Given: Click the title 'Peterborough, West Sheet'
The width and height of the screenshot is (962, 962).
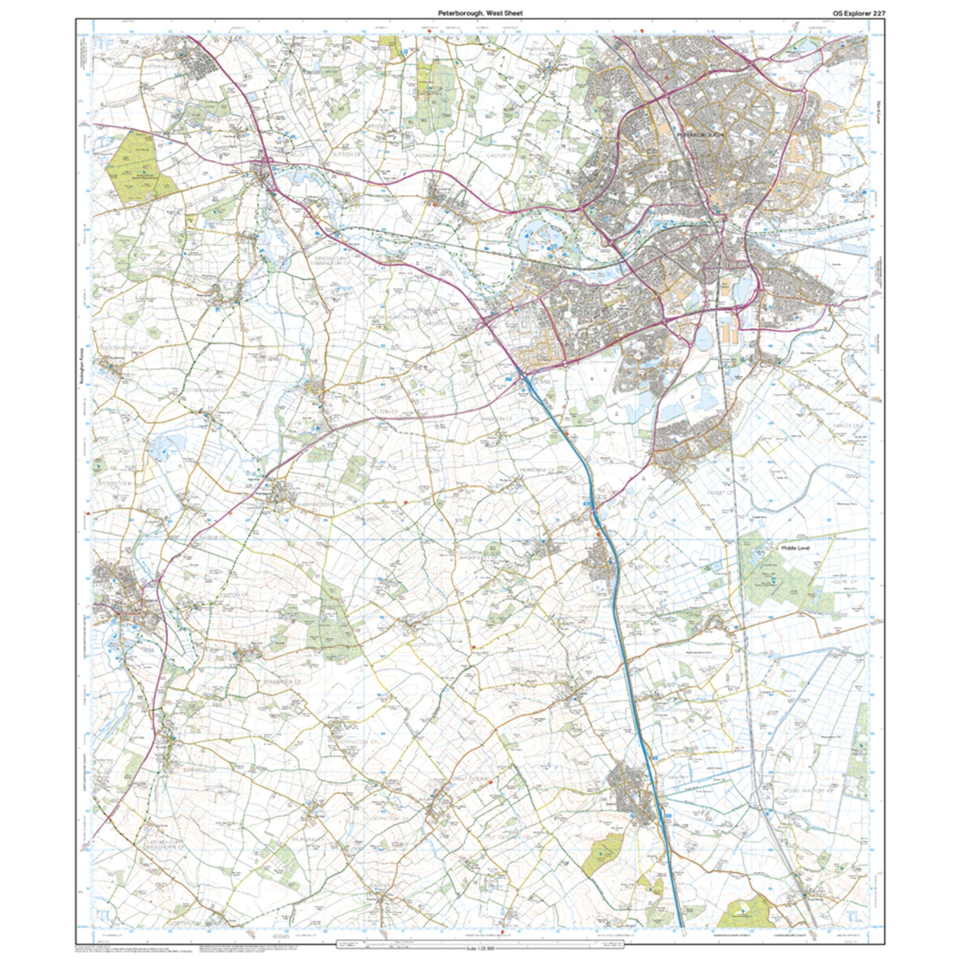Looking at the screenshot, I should click(x=480, y=13).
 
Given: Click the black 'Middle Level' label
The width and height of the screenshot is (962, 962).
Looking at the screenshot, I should click(x=795, y=548).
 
